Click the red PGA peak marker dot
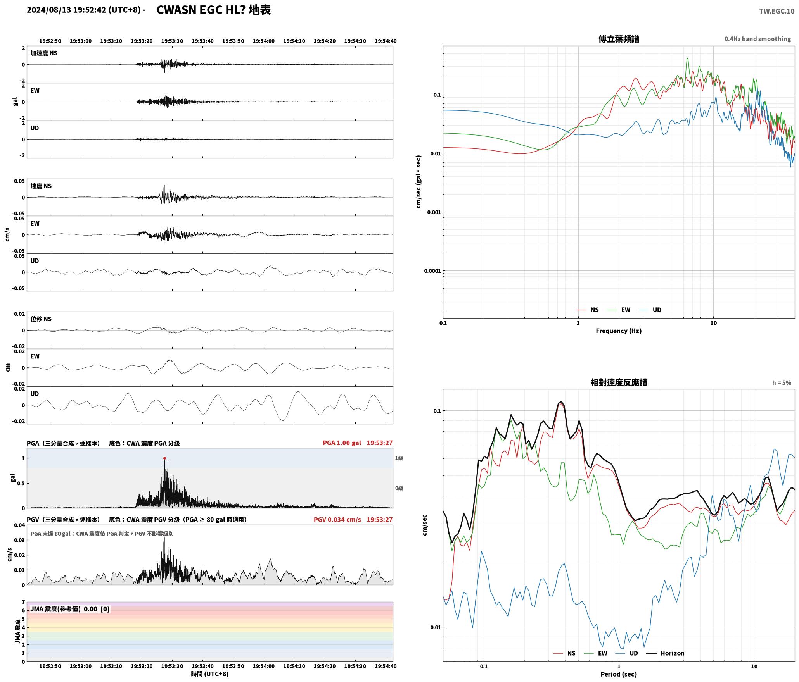164,458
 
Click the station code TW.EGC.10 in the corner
777,11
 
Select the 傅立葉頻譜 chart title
619,39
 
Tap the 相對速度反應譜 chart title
619,382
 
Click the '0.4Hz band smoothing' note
757,39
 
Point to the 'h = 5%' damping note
782,383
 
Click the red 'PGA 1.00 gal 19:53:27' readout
358,443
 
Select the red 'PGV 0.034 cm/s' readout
337,520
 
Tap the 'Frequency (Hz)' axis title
619,331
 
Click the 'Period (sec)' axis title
619,674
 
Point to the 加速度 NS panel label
44,53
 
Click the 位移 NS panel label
41,319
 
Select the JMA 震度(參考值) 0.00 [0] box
70,609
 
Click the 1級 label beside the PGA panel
399,458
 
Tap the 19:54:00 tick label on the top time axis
264,41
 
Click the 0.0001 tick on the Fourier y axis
432,271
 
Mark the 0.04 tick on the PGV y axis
19,525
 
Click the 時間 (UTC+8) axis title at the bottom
210,674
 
